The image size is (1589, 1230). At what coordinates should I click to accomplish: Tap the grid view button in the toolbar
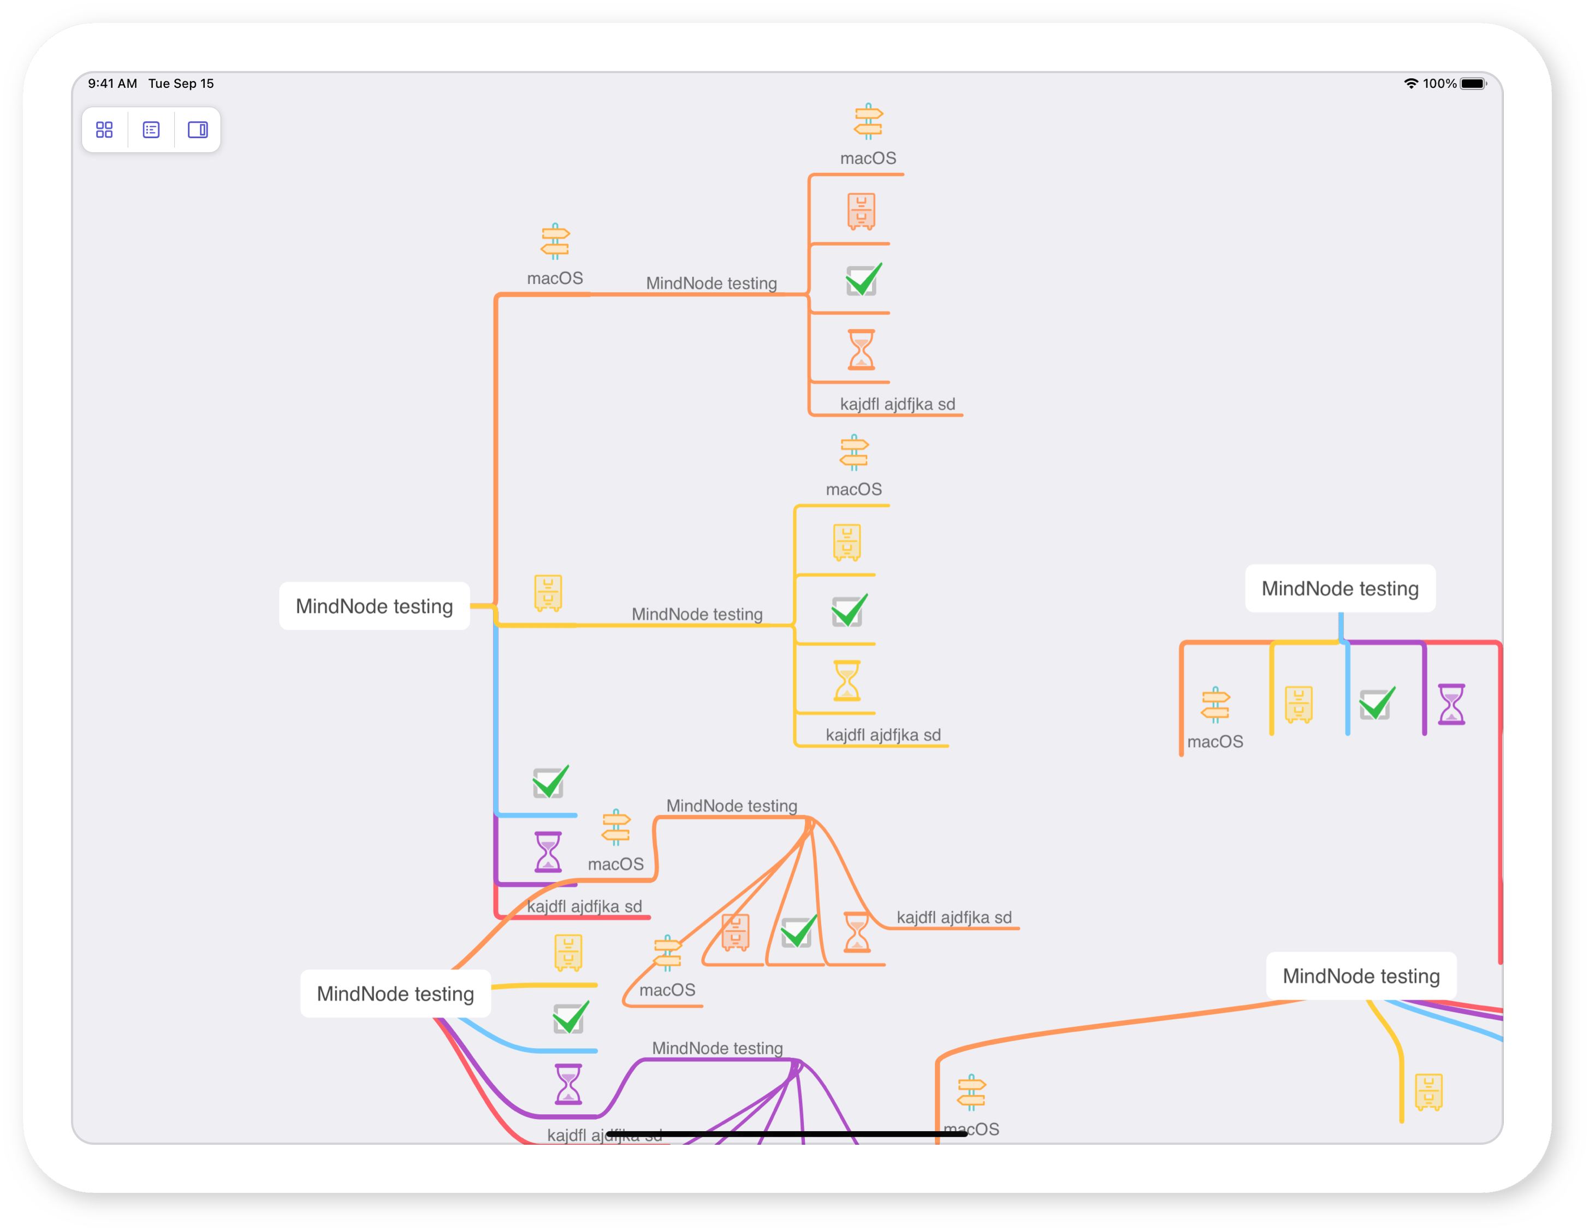click(104, 129)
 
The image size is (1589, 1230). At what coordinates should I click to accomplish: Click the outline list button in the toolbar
click(151, 129)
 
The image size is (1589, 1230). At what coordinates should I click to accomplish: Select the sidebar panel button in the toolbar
click(198, 129)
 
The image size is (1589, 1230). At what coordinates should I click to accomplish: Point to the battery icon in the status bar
click(1473, 84)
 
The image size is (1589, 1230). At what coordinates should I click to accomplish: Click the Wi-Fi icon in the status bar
click(1411, 84)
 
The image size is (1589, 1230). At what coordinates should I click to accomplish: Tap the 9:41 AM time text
click(113, 84)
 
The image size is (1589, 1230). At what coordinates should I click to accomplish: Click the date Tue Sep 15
click(181, 84)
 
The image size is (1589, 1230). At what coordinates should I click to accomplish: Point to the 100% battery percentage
click(1440, 84)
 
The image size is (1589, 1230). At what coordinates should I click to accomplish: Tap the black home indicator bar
click(786, 1133)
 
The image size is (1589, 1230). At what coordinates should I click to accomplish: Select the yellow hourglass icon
click(847, 680)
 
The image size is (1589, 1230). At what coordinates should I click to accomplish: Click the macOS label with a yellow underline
click(853, 489)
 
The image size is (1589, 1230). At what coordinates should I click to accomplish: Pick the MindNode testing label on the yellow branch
click(697, 614)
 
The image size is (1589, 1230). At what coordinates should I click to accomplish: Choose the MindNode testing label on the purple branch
click(718, 1048)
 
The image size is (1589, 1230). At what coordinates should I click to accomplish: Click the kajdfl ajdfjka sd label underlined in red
click(584, 906)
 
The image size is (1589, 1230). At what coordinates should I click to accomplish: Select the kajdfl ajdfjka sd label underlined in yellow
click(884, 735)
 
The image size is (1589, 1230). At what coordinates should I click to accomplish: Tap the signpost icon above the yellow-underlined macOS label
click(854, 453)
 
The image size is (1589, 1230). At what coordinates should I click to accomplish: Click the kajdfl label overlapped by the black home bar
click(604, 1136)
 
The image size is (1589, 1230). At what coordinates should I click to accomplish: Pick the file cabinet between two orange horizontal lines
click(862, 211)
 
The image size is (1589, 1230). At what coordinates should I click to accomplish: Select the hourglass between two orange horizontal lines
click(862, 350)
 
